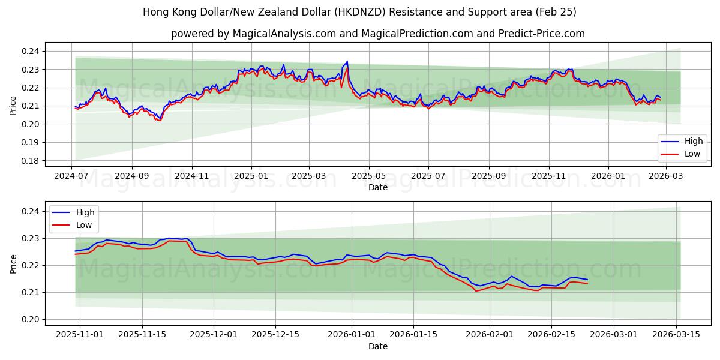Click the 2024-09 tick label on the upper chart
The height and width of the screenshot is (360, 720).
click(131, 175)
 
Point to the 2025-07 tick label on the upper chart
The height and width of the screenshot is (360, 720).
click(428, 175)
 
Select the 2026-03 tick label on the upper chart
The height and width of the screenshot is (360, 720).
click(666, 175)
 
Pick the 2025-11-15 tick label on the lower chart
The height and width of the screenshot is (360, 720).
click(142, 334)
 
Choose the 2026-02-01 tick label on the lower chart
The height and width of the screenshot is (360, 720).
click(490, 334)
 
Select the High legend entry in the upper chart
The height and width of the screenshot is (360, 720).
click(689, 142)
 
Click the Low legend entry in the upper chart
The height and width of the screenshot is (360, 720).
click(689, 154)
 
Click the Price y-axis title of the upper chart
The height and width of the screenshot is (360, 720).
click(13, 106)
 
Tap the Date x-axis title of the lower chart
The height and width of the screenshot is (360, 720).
click(378, 346)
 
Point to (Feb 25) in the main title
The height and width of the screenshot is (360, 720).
click(553, 12)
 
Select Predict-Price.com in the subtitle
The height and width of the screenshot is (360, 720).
click(541, 34)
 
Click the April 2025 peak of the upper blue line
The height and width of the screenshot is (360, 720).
click(347, 61)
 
